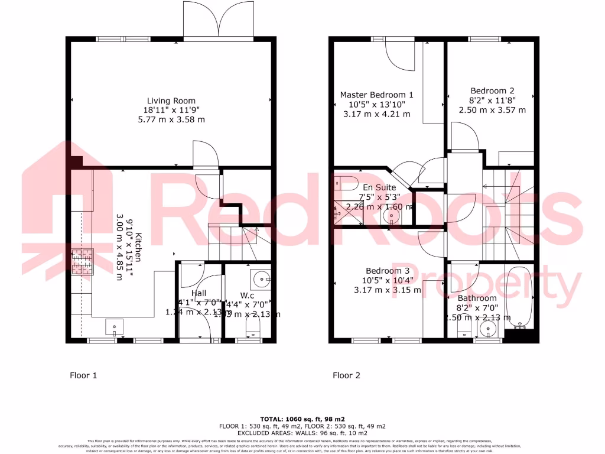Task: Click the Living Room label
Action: (x=171, y=100)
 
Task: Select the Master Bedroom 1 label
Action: (x=376, y=95)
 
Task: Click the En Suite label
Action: (x=380, y=187)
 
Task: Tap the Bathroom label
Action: (x=477, y=298)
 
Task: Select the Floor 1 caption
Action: (x=83, y=375)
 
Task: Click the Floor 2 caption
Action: (x=346, y=375)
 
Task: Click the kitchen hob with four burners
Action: (x=83, y=262)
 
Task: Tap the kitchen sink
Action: (x=115, y=326)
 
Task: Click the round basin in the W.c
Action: (x=260, y=277)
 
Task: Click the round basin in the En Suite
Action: (x=391, y=216)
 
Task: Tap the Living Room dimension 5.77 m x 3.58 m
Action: (x=171, y=119)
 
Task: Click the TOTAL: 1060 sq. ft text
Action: (x=302, y=418)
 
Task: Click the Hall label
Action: (x=199, y=293)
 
